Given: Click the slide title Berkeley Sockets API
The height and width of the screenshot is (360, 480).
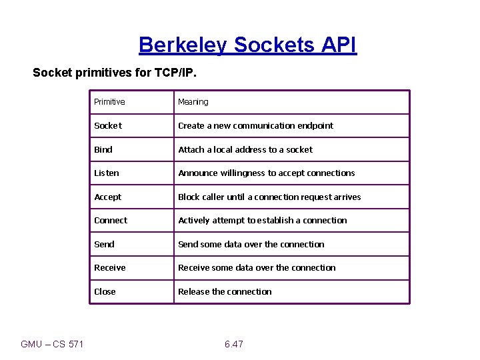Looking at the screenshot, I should (248, 45).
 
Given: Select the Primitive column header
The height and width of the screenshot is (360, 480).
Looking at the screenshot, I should (109, 102).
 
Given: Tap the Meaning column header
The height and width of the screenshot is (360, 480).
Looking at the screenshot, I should (193, 102).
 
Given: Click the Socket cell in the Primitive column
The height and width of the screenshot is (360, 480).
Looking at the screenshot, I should (108, 126).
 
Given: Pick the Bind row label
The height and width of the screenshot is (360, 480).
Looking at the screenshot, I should (103, 149).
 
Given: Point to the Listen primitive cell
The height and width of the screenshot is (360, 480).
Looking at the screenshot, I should (107, 173).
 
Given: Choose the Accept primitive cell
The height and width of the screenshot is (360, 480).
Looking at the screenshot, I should (108, 197).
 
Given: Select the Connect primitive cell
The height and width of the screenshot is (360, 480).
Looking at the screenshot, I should (111, 221).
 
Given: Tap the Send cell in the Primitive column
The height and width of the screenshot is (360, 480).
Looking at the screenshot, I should (104, 244).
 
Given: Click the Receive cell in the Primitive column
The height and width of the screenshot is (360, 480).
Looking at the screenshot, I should (110, 268).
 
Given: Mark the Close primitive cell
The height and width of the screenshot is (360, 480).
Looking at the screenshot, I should (105, 291).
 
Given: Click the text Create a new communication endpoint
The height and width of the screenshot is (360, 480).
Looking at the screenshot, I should (255, 126).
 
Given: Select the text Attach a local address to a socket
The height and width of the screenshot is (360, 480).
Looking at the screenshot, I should (245, 149).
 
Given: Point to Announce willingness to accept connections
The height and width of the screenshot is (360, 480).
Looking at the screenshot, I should (266, 173).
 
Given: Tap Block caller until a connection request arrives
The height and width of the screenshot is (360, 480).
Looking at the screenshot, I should (269, 197).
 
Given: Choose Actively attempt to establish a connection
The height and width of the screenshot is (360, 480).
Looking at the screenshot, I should (262, 221).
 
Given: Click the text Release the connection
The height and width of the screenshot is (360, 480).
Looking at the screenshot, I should (225, 291).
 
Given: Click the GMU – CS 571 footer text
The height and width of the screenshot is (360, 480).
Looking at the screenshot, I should (52, 344).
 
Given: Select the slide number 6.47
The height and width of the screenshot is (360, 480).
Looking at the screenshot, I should (233, 344).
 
